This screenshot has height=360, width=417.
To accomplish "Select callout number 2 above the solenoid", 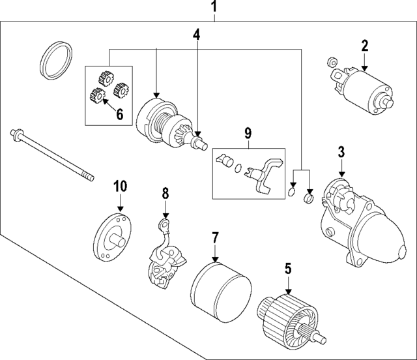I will point(365,46).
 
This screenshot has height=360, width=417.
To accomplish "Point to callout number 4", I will point(196,34).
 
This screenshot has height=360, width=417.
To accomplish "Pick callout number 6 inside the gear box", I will point(119,113).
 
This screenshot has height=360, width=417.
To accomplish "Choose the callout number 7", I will point(214,239).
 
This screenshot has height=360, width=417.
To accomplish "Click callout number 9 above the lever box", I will point(248,133).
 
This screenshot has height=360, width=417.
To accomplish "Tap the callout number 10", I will point(119,186).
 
